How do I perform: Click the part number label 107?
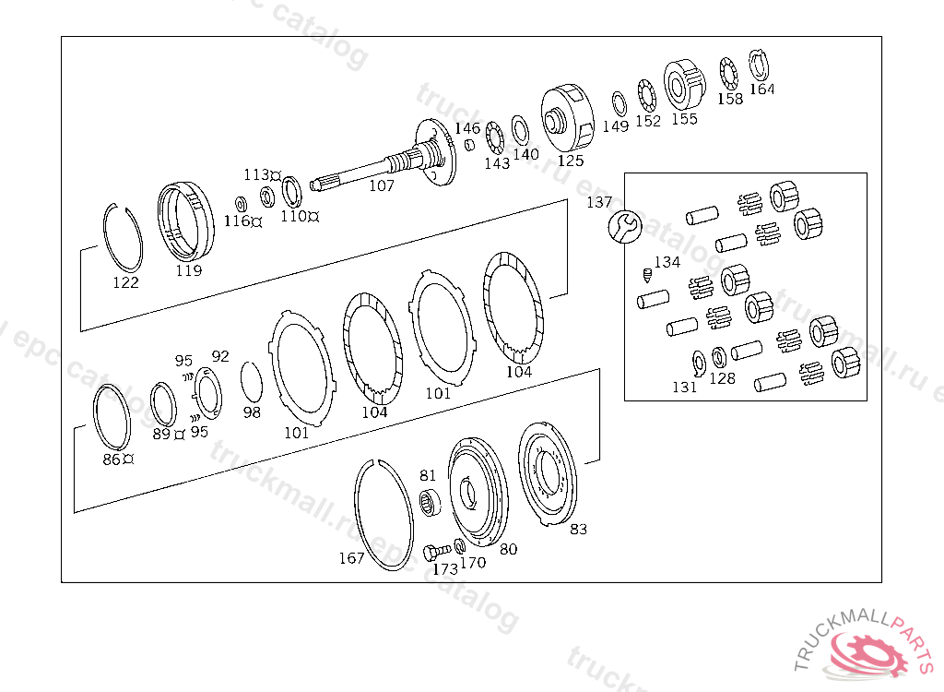tap(381, 185)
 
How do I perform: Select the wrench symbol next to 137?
tap(625, 227)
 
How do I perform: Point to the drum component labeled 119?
tap(186, 221)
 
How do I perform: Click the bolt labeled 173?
tap(436, 552)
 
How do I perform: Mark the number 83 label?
tap(578, 529)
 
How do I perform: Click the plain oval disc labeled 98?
tap(251, 382)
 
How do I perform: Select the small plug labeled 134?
tap(646, 276)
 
